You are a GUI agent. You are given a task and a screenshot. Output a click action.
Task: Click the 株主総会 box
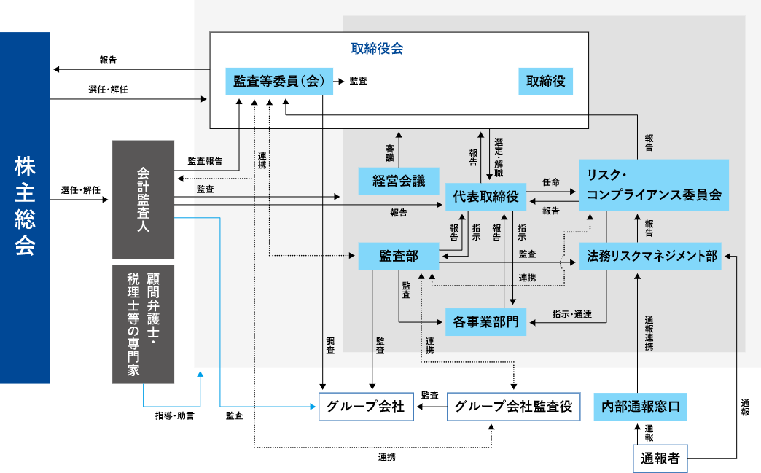tap(25, 207)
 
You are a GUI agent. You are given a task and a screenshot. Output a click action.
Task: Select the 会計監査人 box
tap(144, 199)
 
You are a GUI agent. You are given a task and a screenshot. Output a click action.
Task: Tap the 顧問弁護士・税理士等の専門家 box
tap(144, 324)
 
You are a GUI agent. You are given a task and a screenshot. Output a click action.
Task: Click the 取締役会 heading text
tap(377, 49)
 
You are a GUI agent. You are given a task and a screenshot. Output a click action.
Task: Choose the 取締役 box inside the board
tap(545, 82)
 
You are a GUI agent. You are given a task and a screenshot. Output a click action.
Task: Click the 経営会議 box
tap(399, 181)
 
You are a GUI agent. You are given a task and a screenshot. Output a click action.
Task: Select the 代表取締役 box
tap(485, 196)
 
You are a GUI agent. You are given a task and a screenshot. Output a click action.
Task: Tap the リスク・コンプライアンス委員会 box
tap(654, 185)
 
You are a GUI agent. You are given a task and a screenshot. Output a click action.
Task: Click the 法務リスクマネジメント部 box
tap(650, 256)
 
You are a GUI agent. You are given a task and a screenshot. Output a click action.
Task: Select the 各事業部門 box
tap(485, 321)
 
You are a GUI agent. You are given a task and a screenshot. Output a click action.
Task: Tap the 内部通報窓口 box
tap(640, 407)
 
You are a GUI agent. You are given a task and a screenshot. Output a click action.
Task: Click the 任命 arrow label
tap(550, 181)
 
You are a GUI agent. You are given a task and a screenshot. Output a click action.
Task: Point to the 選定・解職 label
tap(499, 157)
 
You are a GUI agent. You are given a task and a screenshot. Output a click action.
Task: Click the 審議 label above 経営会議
tap(390, 152)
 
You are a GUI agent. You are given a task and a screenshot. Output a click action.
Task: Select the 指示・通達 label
tap(571, 315)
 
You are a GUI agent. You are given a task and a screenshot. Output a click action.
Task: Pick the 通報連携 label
tap(649, 333)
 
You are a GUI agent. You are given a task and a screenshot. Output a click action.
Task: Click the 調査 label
tap(330, 345)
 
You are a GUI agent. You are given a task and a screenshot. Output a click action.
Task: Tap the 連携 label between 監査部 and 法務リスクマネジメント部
tap(527, 278)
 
